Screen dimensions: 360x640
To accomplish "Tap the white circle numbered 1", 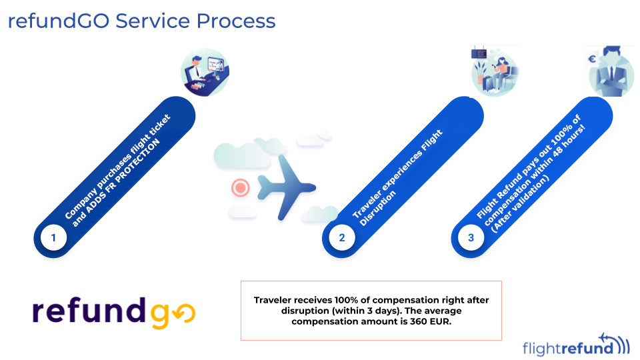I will pos(53,237).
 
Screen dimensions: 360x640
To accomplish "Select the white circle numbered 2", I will pos(342,237).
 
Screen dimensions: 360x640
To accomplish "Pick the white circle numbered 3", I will pos(471,237).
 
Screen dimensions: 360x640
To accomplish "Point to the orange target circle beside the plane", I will pos(239,187).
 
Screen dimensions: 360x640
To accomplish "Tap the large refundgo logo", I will pos(113,311).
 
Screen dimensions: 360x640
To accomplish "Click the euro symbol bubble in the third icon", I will pos(592,59).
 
